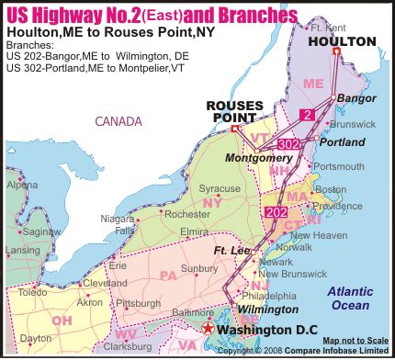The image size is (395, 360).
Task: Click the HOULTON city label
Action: pos(342,41)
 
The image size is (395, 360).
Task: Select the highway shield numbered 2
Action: pos(308,114)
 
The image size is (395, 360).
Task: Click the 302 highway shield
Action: pos(288,144)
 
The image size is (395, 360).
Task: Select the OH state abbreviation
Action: pos(62,320)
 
